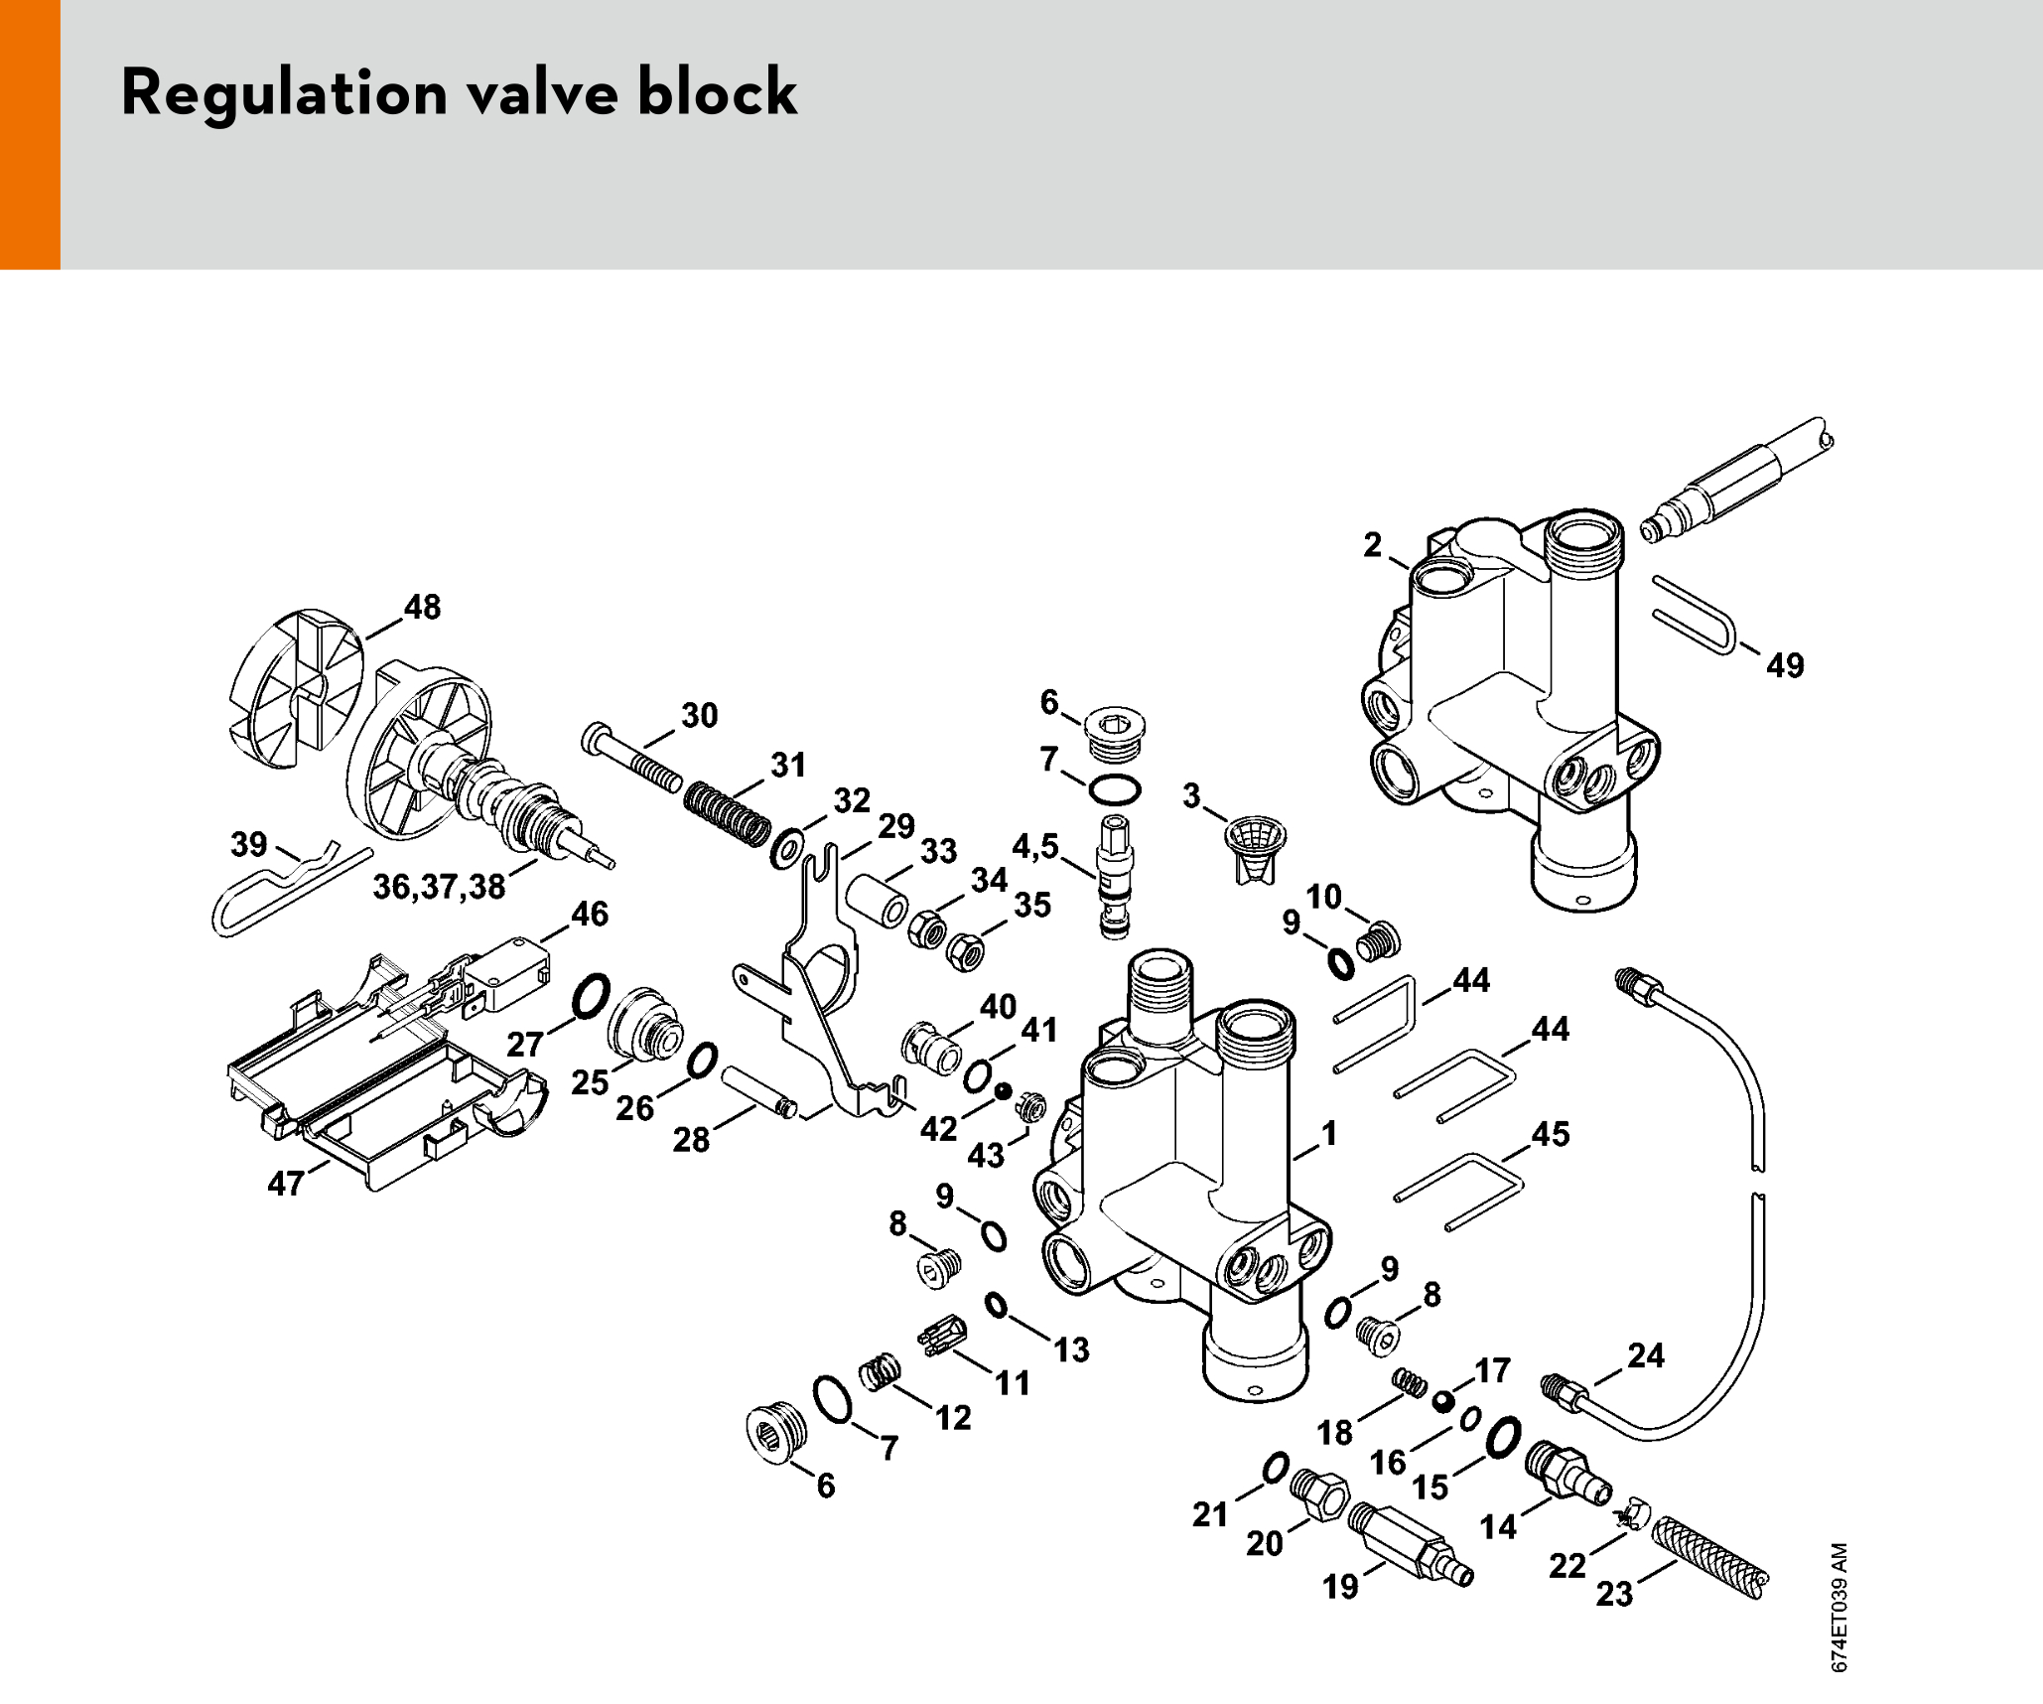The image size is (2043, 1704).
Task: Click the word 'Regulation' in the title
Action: tap(284, 93)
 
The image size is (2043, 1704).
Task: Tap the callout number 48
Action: tap(422, 607)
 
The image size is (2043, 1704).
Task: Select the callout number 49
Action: tap(1784, 665)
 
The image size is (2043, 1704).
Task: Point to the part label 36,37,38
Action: tap(439, 886)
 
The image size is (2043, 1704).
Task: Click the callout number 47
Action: tap(286, 1183)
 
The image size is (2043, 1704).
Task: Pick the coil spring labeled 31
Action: tap(728, 813)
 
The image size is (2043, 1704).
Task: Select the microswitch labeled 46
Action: tap(506, 968)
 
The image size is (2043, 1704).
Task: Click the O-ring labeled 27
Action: tap(590, 996)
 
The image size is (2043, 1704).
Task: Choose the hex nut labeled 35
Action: tap(964, 951)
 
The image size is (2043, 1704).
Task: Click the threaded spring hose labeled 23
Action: tap(1710, 1556)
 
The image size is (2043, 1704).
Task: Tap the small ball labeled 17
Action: tap(1442, 1401)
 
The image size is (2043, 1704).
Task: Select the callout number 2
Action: tap(1372, 544)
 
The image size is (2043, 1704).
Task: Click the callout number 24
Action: tap(1645, 1355)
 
